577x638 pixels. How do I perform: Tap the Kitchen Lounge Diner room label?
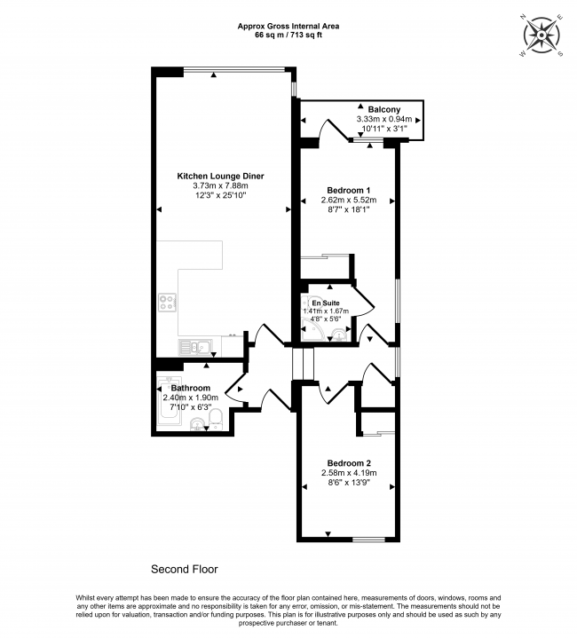[x=220, y=176]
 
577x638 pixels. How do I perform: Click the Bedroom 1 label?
[x=349, y=191]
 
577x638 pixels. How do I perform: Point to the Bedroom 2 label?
[x=349, y=463]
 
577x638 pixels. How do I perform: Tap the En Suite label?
[x=325, y=303]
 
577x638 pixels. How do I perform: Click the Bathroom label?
[x=190, y=388]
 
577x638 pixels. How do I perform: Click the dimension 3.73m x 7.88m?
[x=220, y=185]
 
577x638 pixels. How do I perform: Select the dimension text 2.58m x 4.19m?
[x=349, y=473]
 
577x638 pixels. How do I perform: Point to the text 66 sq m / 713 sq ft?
[x=288, y=36]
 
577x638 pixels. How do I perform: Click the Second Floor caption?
[x=184, y=569]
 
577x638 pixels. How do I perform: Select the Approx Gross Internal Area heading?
[x=288, y=27]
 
